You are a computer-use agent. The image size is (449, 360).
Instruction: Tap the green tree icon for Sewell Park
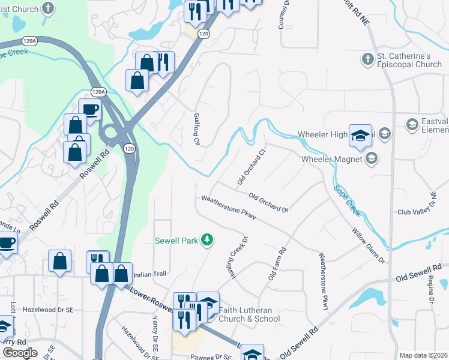point(207,240)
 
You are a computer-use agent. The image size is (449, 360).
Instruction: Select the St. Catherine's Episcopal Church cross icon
point(367,59)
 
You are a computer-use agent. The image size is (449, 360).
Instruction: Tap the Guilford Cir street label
point(196,130)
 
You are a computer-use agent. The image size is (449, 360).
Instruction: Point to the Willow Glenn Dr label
point(368,245)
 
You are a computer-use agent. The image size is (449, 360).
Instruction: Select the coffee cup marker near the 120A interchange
point(89,110)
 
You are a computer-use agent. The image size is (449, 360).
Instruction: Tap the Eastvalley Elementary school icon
point(412,125)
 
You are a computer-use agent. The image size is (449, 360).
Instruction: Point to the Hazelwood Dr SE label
point(48,310)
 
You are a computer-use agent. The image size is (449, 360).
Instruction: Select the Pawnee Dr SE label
point(210,357)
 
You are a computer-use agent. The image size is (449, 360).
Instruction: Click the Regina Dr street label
point(430,286)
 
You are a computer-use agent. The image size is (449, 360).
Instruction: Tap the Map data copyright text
point(423,355)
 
